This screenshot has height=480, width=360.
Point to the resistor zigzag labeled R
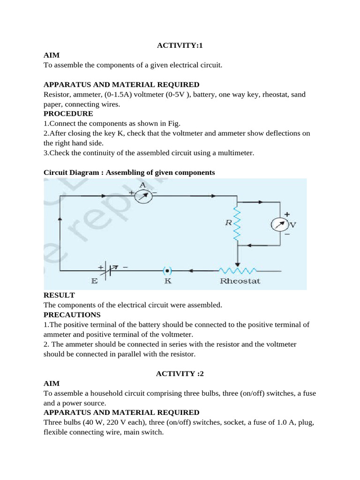pos(237,224)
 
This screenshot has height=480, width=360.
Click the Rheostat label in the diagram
pos(240,281)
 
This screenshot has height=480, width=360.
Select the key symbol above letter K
pos(167,270)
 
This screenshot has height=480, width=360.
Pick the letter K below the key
pos(167,281)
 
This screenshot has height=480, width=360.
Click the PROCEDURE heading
pos(68,114)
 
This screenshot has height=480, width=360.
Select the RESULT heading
pos(59,295)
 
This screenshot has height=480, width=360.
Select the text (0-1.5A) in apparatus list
pos(116,94)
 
